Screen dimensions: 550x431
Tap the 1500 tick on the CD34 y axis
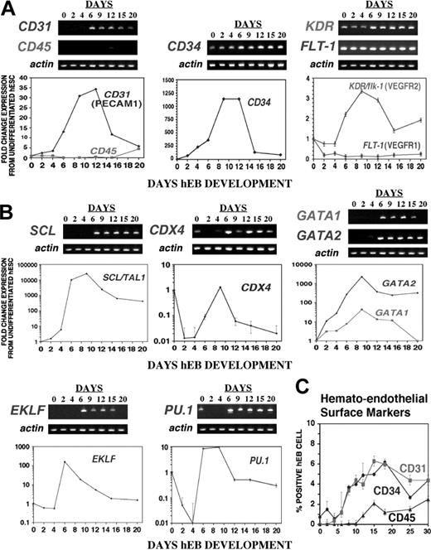point(165,80)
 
